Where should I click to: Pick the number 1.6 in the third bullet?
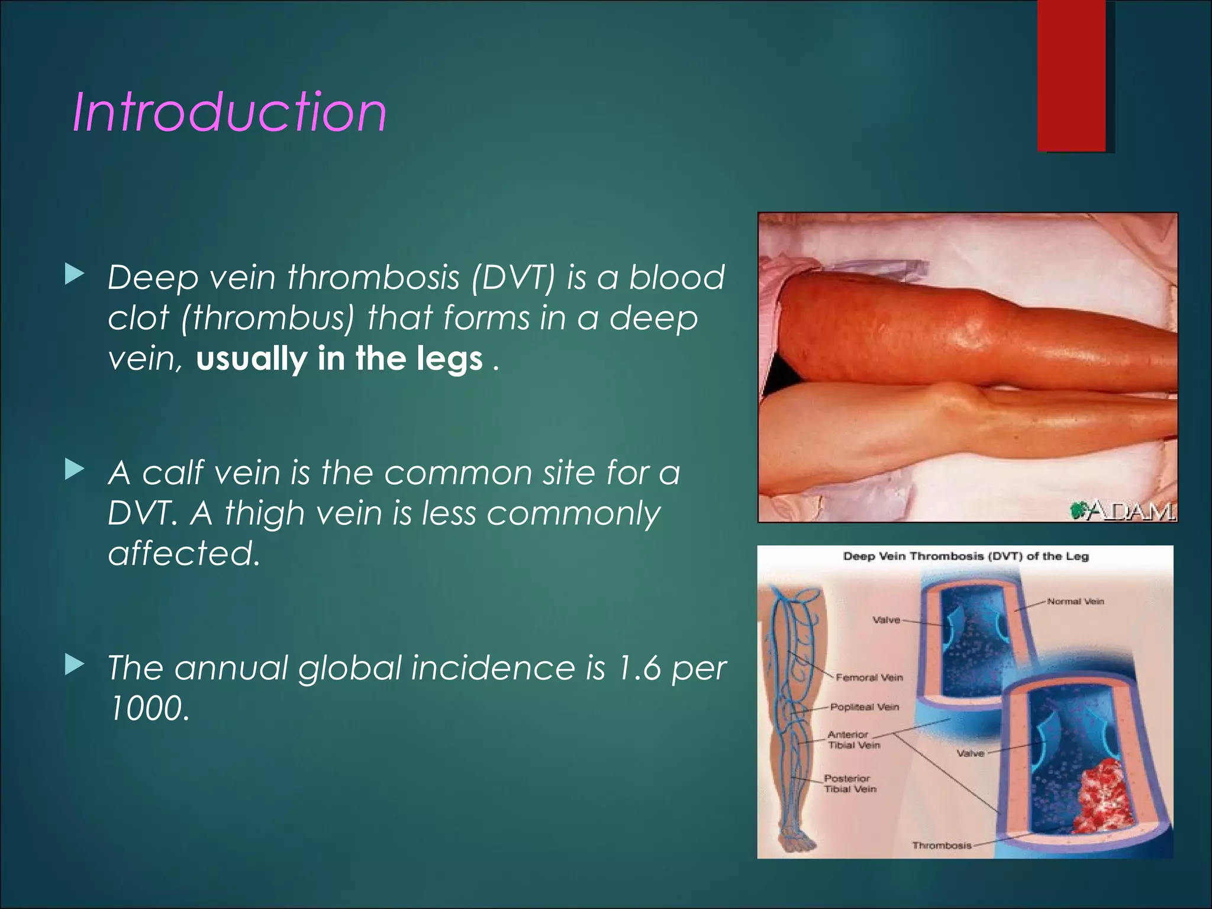(x=638, y=668)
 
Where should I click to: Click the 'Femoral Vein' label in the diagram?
(x=869, y=678)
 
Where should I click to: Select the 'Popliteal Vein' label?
(x=864, y=707)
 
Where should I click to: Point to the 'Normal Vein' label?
(x=1075, y=601)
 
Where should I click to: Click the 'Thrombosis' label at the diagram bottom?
(x=942, y=846)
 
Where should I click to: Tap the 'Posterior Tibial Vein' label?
(x=850, y=784)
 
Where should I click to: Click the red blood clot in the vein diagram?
(x=1100, y=796)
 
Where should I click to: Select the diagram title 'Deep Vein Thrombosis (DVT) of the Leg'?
(x=965, y=556)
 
